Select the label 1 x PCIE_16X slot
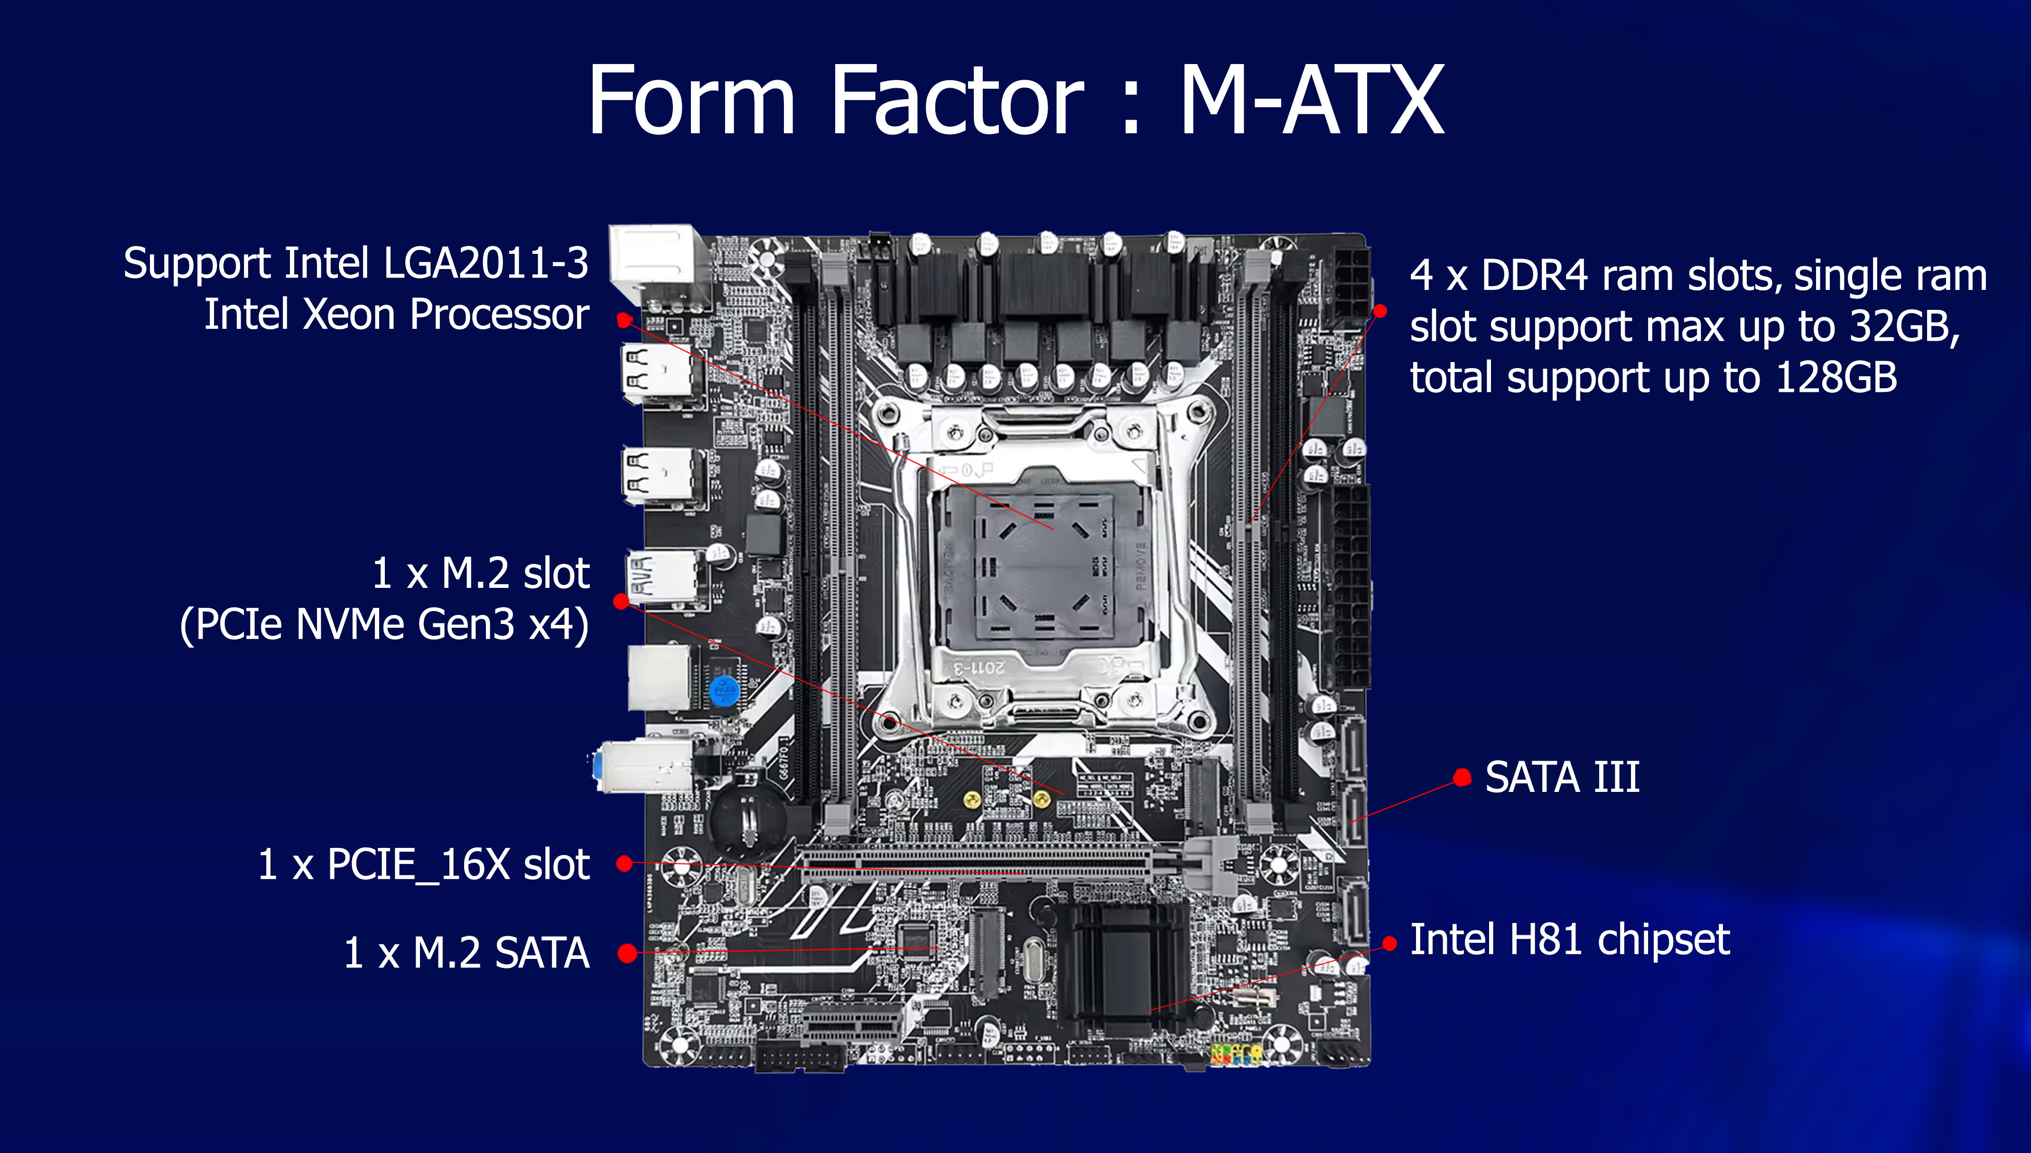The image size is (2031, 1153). [424, 864]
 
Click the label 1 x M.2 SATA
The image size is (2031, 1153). [466, 953]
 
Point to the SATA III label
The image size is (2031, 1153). [1562, 777]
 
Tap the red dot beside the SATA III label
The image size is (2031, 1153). [1463, 778]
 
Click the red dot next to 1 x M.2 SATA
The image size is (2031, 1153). [627, 953]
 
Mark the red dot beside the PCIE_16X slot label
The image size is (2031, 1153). [625, 863]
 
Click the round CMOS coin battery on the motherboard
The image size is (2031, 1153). [747, 821]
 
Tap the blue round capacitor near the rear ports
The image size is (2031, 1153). [724, 691]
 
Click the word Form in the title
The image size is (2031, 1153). [691, 101]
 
